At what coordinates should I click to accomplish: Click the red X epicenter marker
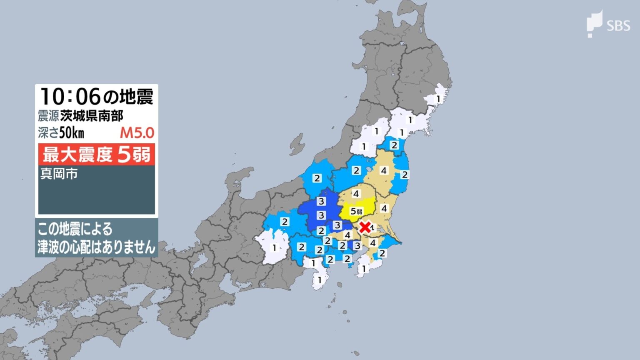365,227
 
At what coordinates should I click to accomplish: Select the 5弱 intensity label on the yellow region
356,211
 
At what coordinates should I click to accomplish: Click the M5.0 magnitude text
137,133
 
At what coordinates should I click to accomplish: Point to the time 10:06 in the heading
70,97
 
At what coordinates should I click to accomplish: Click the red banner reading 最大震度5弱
97,155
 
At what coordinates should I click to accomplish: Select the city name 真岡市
59,173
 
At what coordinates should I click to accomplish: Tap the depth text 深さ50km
61,133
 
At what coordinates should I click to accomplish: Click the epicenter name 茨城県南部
91,116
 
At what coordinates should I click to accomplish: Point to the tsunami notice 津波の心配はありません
96,247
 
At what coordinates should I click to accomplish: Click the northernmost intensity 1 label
438,99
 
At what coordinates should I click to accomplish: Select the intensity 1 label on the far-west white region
274,248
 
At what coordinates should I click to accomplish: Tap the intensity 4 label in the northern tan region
384,170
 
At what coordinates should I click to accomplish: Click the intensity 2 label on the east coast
404,175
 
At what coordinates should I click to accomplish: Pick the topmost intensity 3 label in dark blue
321,202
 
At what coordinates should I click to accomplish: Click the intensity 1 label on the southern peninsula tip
320,280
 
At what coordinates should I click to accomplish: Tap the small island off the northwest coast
297,144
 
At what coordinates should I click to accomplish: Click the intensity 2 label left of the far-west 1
285,222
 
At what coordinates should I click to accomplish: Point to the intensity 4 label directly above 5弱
355,194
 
